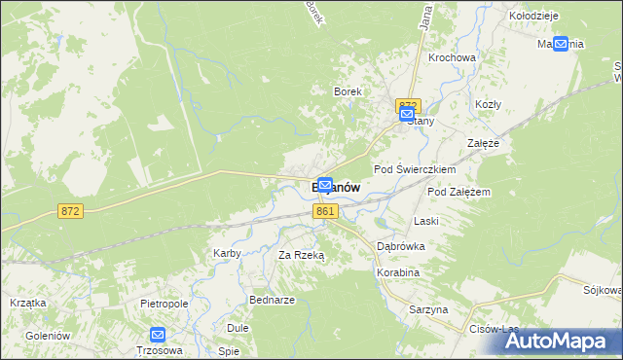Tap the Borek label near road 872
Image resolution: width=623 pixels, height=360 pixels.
click(x=348, y=91)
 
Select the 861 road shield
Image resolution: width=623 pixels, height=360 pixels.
click(x=326, y=211)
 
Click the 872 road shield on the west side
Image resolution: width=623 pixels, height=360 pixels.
click(x=69, y=211)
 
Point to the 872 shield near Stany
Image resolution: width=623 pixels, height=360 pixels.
click(x=407, y=105)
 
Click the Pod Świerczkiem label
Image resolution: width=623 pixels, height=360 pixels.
click(x=416, y=168)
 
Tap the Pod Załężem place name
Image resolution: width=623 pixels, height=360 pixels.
click(x=458, y=192)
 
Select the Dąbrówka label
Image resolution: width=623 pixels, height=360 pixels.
click(x=401, y=246)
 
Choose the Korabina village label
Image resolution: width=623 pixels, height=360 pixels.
click(x=398, y=273)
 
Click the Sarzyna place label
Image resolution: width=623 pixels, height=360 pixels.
click(x=428, y=309)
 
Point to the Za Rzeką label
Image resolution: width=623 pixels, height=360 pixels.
click(x=301, y=255)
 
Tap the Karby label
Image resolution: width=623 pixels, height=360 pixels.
click(x=227, y=253)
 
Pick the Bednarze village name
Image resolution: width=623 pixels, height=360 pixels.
click(x=273, y=300)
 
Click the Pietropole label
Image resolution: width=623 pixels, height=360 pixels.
click(x=164, y=304)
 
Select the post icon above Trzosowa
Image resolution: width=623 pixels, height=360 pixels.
click(x=158, y=336)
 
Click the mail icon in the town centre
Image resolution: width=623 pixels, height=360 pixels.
click(x=326, y=184)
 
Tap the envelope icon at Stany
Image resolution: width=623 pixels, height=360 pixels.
click(x=407, y=115)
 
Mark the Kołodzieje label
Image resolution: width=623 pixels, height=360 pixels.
click(x=533, y=17)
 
